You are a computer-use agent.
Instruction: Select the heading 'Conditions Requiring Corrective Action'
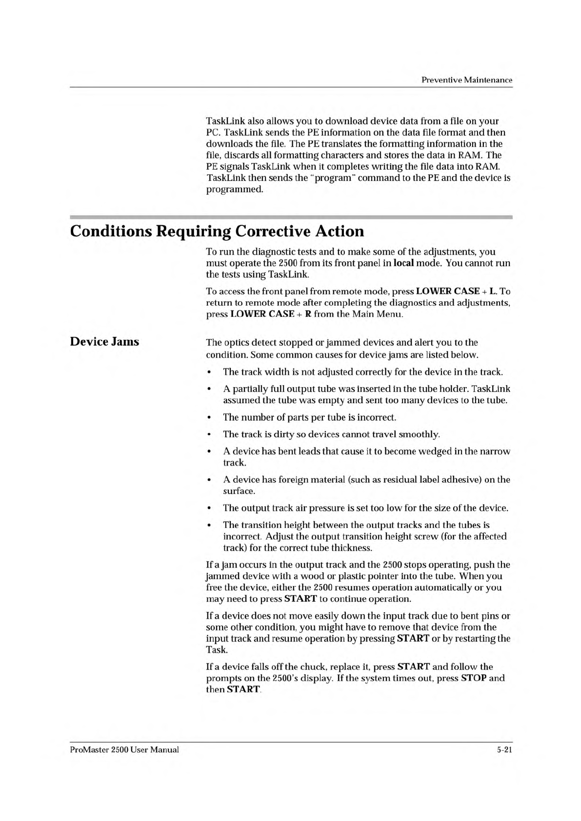point(217,231)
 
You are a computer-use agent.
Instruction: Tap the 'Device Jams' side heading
point(104,341)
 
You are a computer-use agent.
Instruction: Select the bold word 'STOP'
point(473,678)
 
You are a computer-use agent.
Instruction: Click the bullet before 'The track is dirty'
point(209,434)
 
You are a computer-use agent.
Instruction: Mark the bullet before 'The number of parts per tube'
point(209,418)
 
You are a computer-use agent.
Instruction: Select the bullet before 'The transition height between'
point(209,526)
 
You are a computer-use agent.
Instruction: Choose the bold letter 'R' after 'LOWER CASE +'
point(308,313)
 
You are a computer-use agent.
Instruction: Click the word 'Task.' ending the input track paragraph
point(217,650)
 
